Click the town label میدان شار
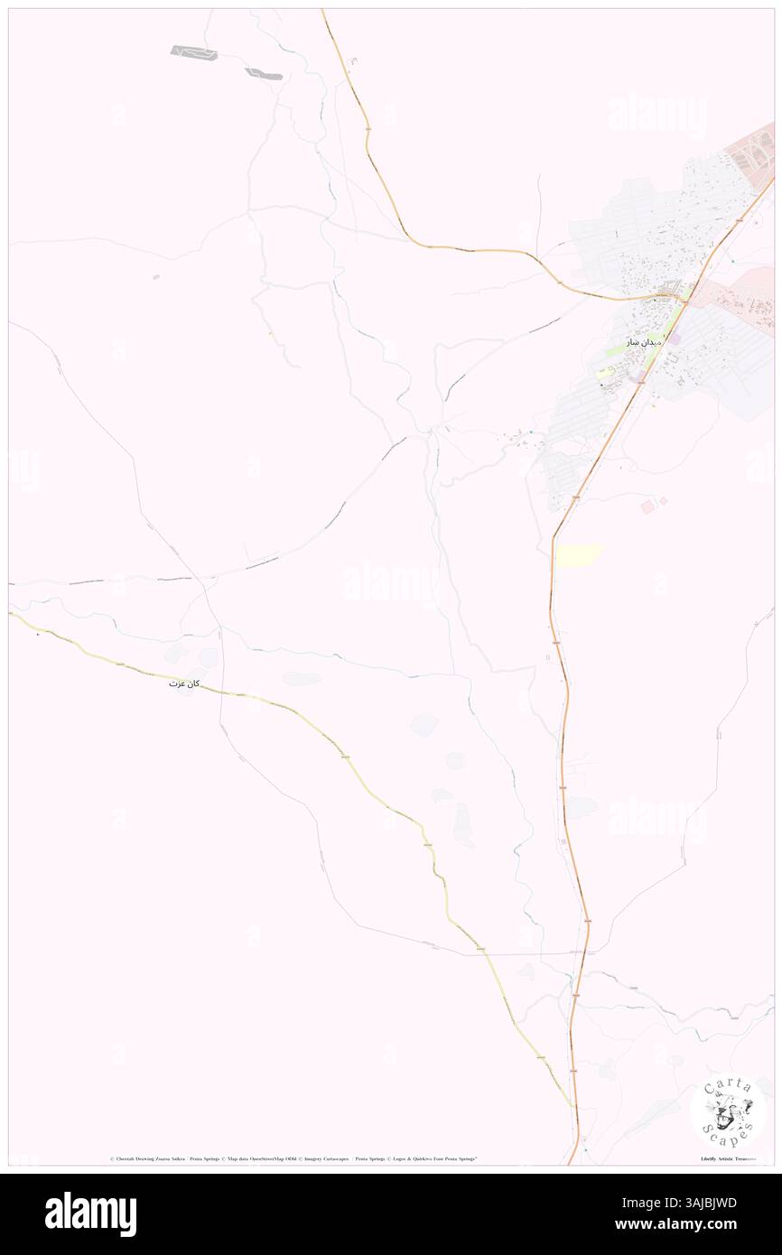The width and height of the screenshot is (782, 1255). point(645,342)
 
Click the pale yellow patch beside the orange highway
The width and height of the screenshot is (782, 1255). point(578,554)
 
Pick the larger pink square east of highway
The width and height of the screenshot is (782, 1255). point(647,507)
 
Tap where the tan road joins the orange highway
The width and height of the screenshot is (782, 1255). point(679,299)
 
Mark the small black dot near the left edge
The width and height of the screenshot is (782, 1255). point(37,634)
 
